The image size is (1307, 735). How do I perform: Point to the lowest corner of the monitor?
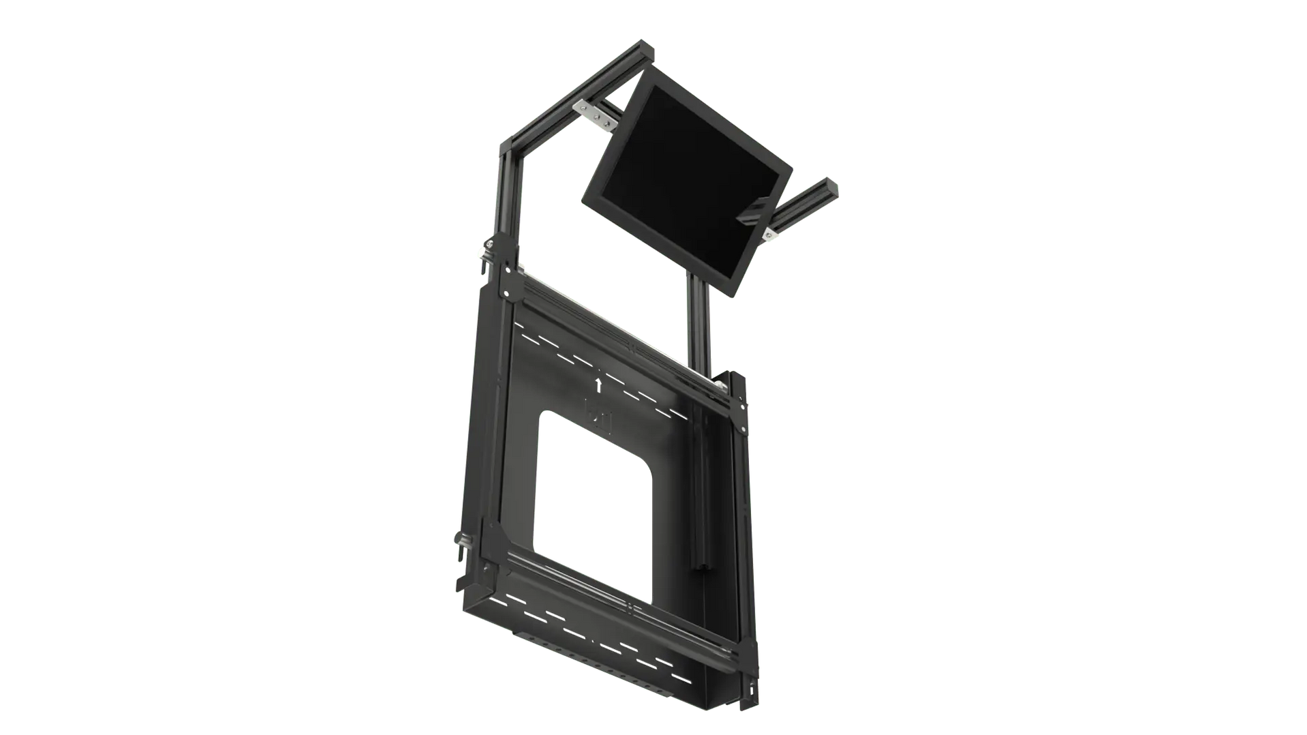[x=733, y=297]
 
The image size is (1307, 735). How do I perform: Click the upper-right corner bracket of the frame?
[x=734, y=389]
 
